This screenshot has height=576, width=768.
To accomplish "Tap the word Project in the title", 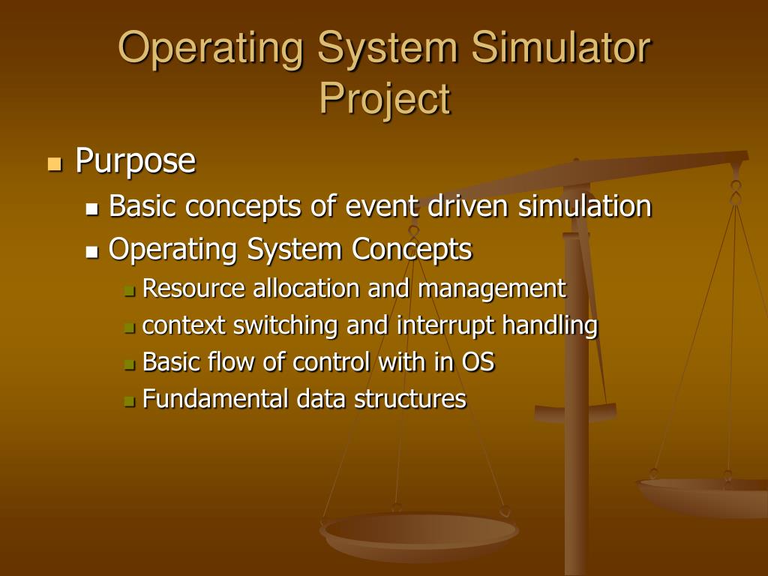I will pyautogui.click(x=384, y=99).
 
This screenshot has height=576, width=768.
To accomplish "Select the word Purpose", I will pyautogui.click(x=136, y=160).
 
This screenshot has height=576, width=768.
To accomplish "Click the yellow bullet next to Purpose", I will pyautogui.click(x=53, y=163).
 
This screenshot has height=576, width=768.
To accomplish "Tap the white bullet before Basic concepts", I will pyautogui.click(x=92, y=209).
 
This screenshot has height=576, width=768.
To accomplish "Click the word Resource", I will pyautogui.click(x=193, y=288).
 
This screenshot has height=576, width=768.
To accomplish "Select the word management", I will pyautogui.click(x=492, y=288).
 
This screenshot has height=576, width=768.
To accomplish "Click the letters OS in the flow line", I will pyautogui.click(x=478, y=362).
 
